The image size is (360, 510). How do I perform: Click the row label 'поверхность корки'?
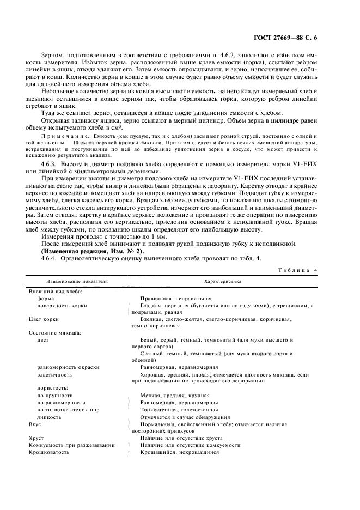[60, 306]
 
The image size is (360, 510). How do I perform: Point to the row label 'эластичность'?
[54, 375]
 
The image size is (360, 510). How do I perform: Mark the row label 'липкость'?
[49, 416]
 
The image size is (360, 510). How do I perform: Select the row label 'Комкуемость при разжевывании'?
[71, 445]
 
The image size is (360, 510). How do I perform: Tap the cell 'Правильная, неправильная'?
[175, 299]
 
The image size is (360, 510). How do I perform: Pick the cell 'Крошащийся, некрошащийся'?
[179, 452]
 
